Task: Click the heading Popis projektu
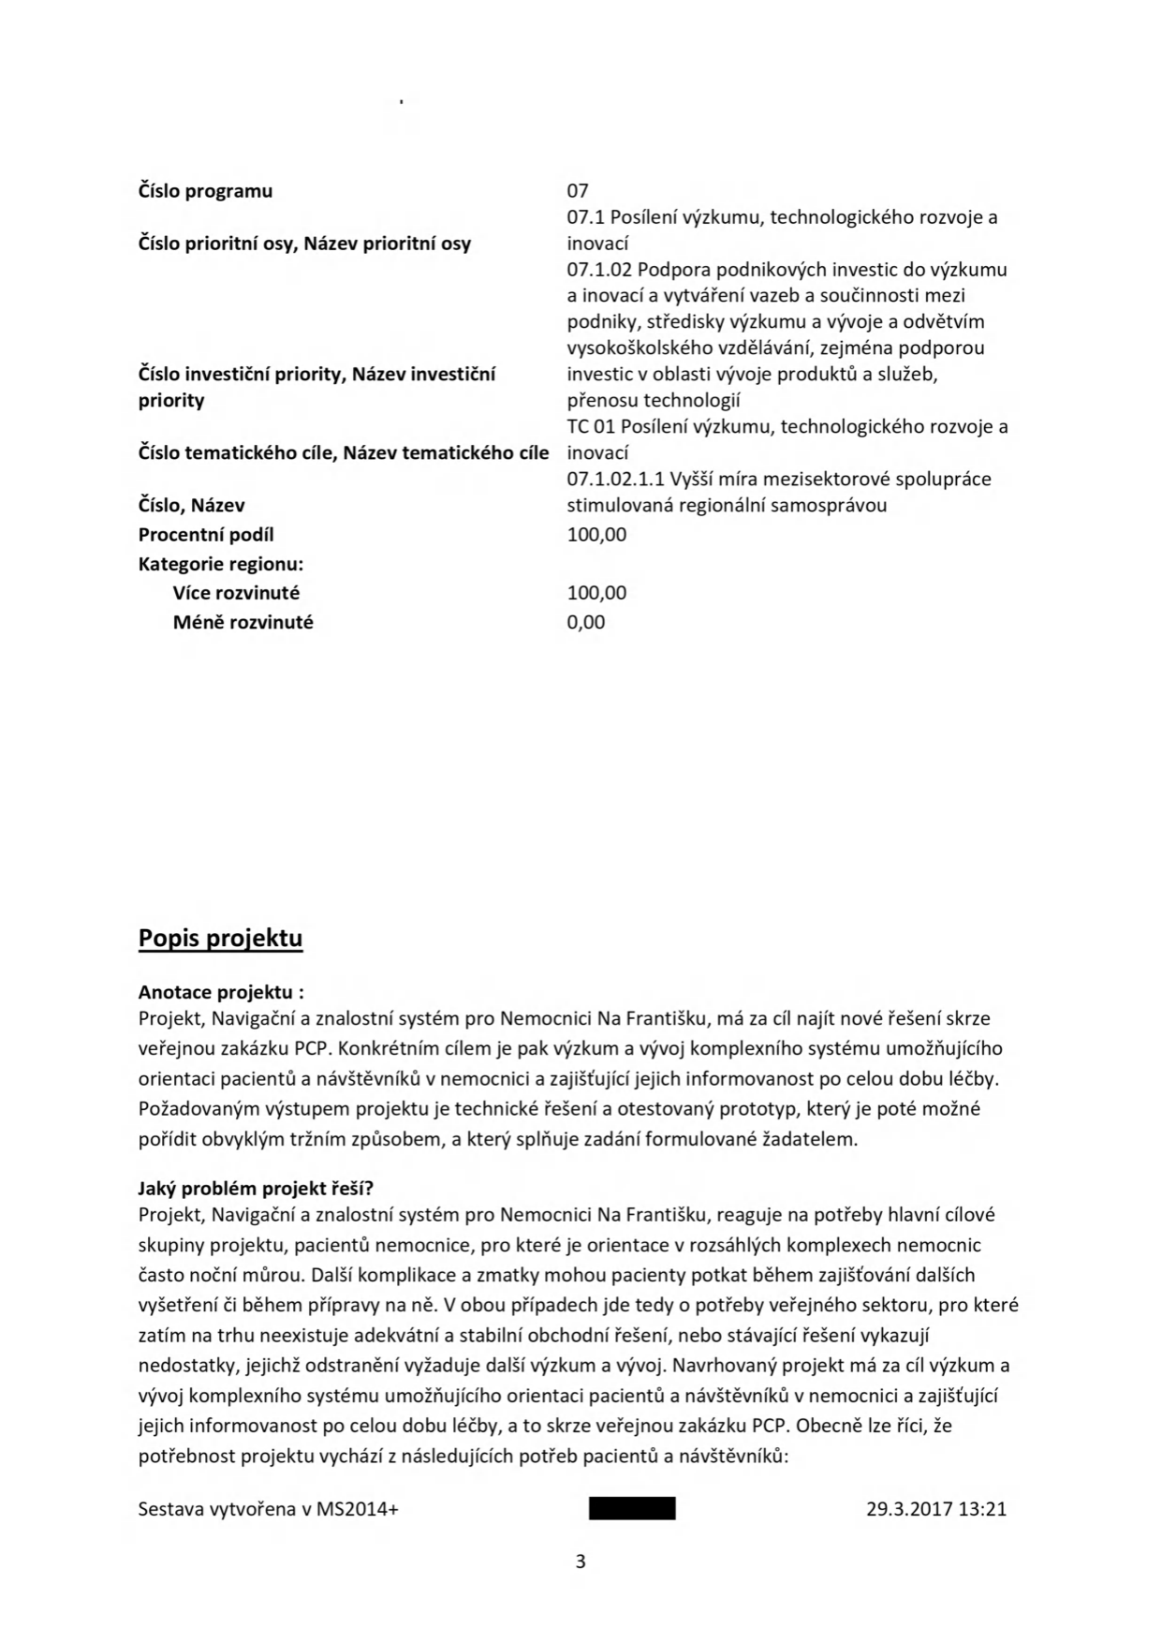tap(220, 939)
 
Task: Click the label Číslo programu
tap(205, 191)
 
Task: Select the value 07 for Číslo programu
tap(578, 191)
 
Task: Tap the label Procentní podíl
tap(206, 535)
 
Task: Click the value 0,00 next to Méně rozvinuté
tap(586, 622)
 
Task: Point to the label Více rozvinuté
tap(236, 593)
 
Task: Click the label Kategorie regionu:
tap(221, 564)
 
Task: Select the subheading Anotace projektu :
tap(221, 992)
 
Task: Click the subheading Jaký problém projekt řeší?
tap(256, 1189)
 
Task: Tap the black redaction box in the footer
tap(632, 1509)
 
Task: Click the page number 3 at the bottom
tap(581, 1562)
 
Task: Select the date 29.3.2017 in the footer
tap(908, 1509)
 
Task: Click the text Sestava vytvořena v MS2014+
tap(268, 1509)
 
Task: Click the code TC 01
tap(591, 427)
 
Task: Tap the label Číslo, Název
tap(191, 506)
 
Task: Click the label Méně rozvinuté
tap(243, 622)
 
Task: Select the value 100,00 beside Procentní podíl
tap(596, 535)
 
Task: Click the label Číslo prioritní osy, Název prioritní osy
tap(304, 244)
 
